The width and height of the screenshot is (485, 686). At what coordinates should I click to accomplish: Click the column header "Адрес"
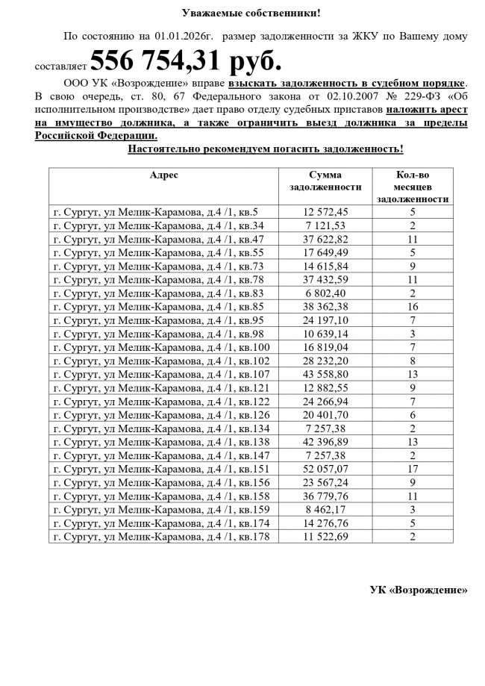(x=163, y=175)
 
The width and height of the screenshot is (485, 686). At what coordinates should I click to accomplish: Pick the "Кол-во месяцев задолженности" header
(x=412, y=187)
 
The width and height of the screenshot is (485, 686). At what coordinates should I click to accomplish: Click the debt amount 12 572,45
(x=325, y=212)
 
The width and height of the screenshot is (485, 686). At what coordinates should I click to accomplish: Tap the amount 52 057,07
(x=325, y=469)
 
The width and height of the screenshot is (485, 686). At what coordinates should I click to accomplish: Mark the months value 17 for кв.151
(x=413, y=469)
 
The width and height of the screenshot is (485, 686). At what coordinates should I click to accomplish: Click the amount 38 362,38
(x=325, y=307)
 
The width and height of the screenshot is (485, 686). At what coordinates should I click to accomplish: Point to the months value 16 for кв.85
(x=413, y=307)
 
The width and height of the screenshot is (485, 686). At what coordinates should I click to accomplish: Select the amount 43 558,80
(x=325, y=374)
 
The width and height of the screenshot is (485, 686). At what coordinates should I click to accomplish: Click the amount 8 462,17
(x=325, y=510)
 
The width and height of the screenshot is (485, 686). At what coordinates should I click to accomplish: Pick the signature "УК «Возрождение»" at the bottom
(x=419, y=589)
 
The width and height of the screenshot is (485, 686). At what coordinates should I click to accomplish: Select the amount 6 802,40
(x=325, y=293)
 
